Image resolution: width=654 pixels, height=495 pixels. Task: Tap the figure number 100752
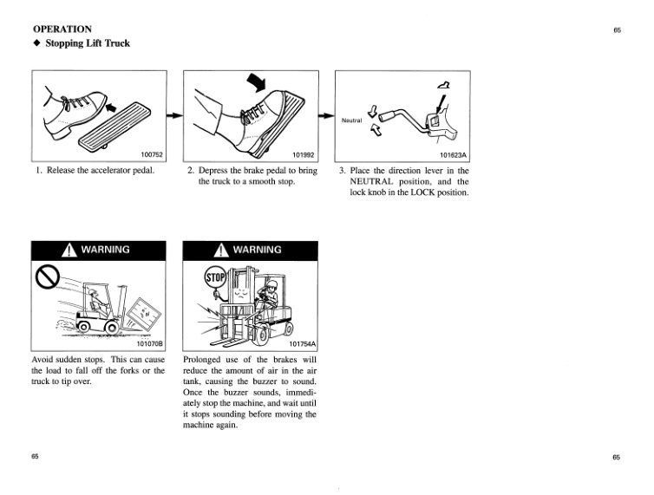point(152,155)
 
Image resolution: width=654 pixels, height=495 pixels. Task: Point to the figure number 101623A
point(454,155)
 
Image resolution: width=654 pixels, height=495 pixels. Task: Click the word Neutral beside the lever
point(351,120)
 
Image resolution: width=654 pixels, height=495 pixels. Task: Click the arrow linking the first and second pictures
point(174,114)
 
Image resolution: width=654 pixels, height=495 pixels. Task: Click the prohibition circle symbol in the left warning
point(46,278)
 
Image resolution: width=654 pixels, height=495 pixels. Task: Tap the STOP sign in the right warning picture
point(215,278)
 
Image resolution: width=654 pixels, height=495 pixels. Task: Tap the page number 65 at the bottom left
point(36,457)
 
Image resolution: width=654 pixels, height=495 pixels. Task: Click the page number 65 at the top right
point(617,30)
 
